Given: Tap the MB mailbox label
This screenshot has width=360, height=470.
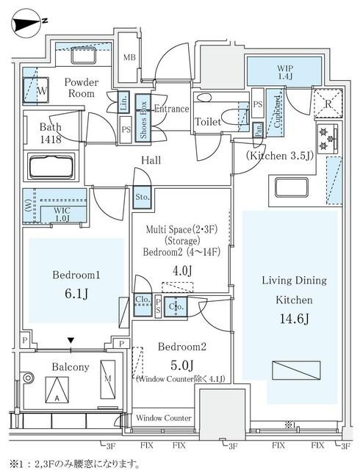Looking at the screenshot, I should (x=129, y=57).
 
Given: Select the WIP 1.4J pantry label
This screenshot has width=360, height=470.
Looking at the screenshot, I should (x=283, y=71).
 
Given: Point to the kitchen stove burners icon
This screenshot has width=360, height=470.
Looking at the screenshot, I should (x=326, y=137).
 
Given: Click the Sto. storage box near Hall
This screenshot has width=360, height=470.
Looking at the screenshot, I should (x=143, y=197).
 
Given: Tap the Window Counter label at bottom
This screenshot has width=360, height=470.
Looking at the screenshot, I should (x=164, y=418).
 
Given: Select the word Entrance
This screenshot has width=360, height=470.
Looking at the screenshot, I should (x=171, y=108).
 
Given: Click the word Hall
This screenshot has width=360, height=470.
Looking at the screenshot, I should (x=152, y=160).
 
